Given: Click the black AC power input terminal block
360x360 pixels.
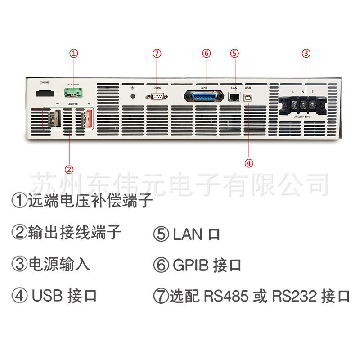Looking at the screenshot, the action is [301, 106].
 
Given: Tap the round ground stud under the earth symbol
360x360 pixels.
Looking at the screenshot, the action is [132, 95].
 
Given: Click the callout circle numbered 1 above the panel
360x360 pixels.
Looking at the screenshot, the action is [74, 53].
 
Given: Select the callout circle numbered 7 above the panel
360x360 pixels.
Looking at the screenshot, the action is [157, 53].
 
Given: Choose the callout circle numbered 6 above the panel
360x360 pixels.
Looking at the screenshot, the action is [206, 53].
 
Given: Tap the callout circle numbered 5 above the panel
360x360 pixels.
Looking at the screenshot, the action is [234, 53].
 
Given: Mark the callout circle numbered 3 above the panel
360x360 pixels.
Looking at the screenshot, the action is [306, 53].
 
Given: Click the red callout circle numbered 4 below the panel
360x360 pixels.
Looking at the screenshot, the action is [249, 163].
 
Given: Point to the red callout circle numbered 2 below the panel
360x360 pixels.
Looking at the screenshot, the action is [69, 169].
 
